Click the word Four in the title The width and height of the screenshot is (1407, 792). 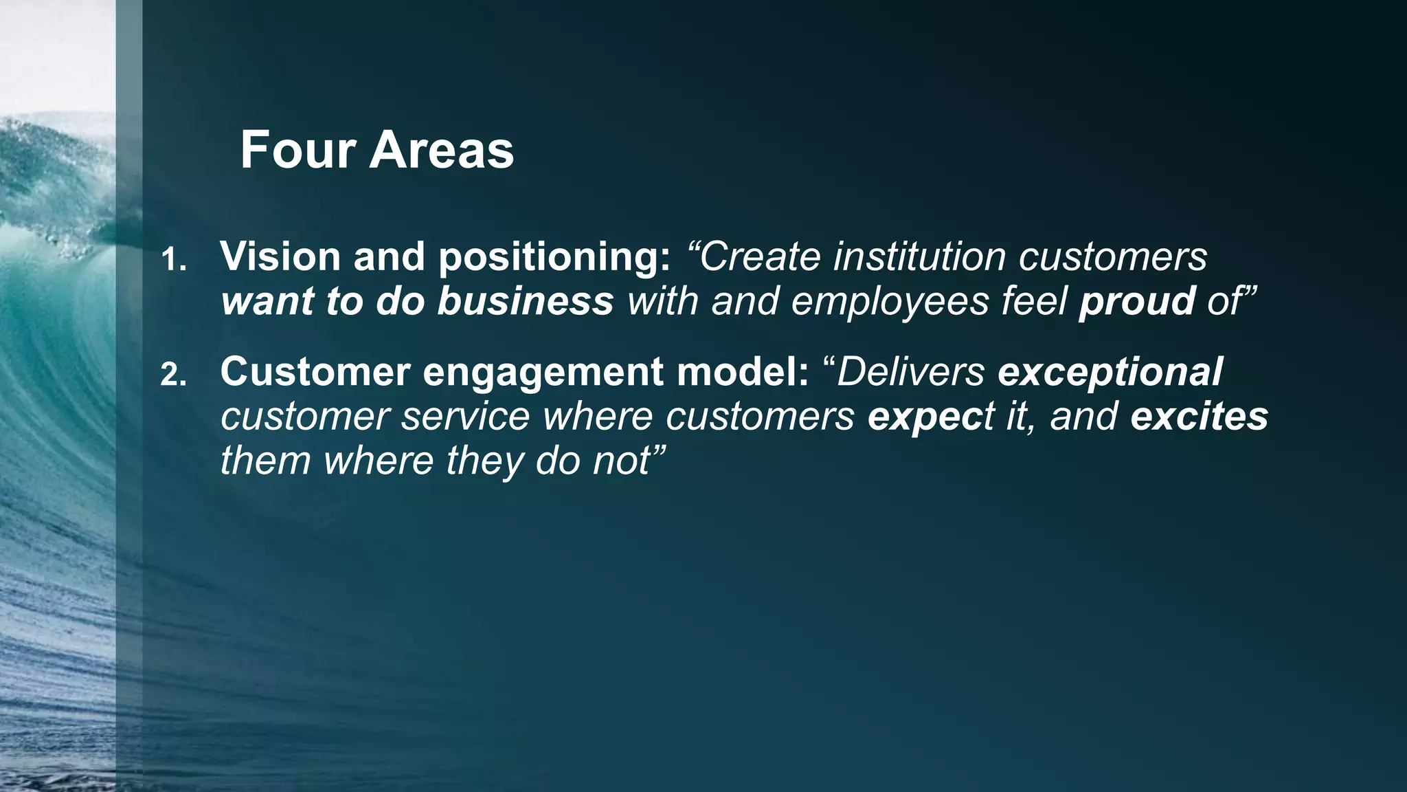coord(297,151)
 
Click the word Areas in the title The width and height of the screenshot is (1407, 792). coord(442,151)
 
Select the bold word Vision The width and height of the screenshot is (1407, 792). coord(280,256)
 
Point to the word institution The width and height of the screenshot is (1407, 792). coord(919,256)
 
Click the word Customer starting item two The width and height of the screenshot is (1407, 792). coord(315,372)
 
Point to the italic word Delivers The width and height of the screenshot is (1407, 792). coord(910,372)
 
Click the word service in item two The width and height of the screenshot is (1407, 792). coord(466,417)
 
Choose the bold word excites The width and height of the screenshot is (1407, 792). coord(1199,417)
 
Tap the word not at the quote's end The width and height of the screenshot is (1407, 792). coord(618,461)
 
